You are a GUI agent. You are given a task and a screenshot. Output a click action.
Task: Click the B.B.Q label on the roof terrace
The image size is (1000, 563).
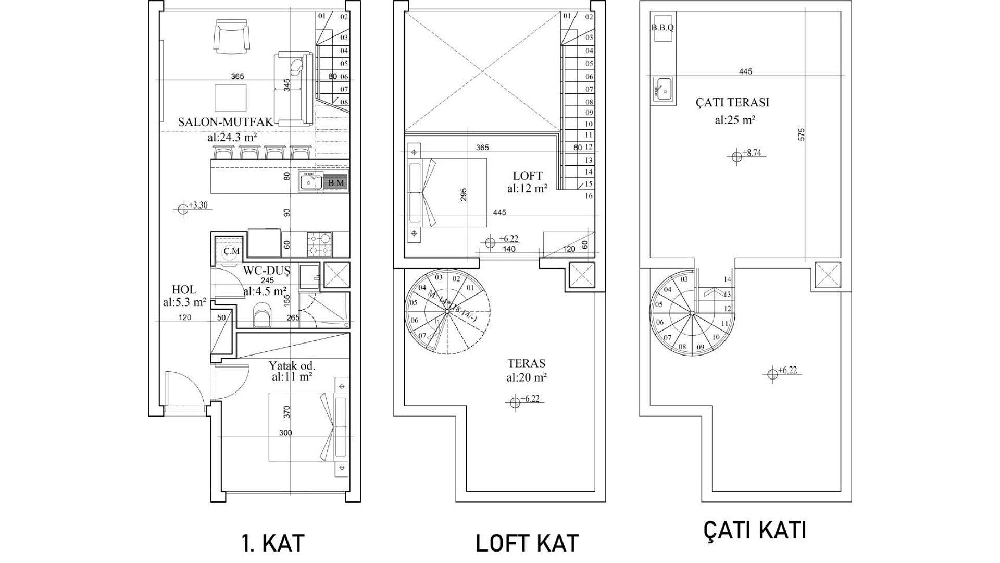tap(662, 28)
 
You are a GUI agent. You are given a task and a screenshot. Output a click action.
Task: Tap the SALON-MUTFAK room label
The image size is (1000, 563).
tap(226, 122)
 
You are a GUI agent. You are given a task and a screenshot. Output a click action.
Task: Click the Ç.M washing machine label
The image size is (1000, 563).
tap(231, 251)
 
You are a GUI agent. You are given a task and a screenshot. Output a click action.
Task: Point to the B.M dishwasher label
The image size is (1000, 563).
tap(336, 183)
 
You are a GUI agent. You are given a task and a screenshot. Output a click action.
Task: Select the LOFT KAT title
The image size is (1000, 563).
tap(527, 543)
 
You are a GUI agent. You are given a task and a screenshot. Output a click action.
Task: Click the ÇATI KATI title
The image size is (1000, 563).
tap(755, 530)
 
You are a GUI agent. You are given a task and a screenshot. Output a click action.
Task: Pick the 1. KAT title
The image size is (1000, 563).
tap(273, 543)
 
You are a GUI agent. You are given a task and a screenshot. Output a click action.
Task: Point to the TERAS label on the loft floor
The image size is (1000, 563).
tap(527, 363)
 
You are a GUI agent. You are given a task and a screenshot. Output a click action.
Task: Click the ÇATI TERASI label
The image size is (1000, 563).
tap(732, 102)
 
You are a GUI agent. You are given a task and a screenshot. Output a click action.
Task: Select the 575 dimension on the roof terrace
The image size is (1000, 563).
tap(802, 134)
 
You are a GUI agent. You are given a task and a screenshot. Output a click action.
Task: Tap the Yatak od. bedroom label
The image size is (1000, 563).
tap(292, 365)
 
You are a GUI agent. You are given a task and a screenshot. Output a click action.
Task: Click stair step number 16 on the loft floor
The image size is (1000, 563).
tap(589, 196)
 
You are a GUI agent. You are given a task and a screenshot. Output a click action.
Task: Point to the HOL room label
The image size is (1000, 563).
tap(184, 290)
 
